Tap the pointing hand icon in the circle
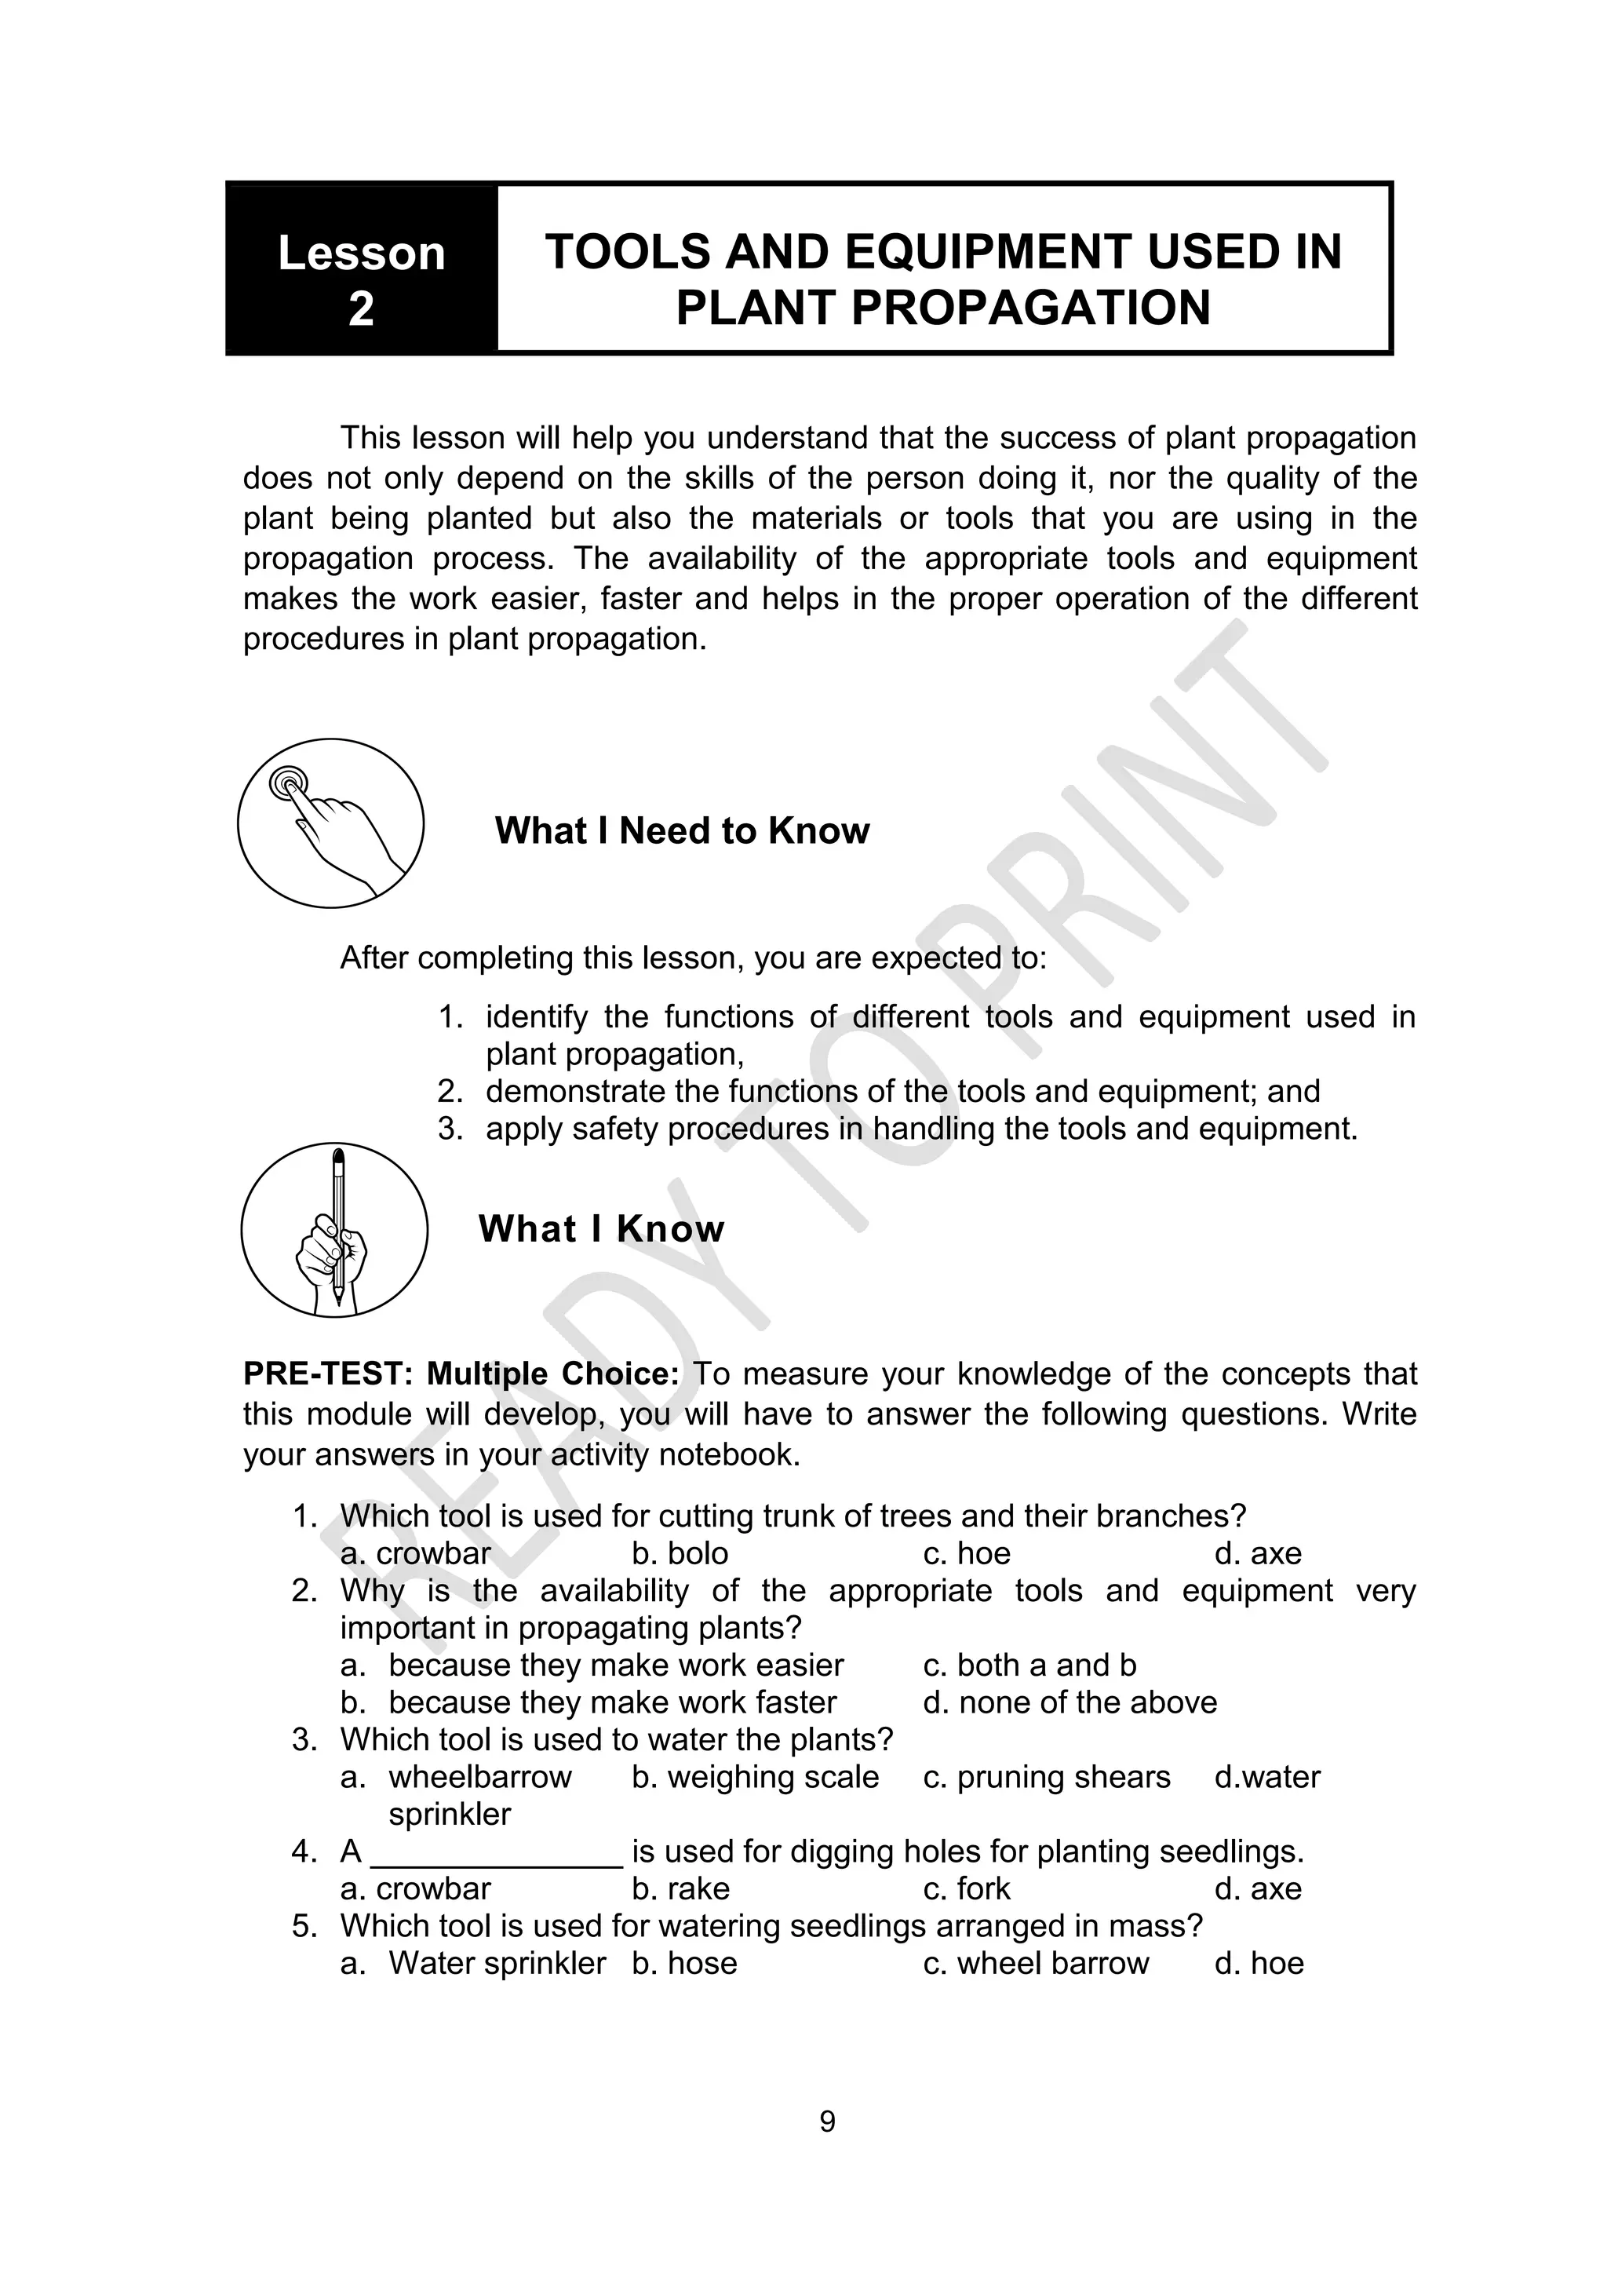pos(330,823)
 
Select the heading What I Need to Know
pos(682,830)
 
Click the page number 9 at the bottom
pos(827,2121)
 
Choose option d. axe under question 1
pos(1258,1553)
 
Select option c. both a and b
pos(1029,1666)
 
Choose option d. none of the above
pos(1070,1702)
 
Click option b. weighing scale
pos(755,1777)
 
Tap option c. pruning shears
pos(1046,1777)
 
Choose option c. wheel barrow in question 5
pos(1035,1963)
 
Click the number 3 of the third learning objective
pos(450,1129)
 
